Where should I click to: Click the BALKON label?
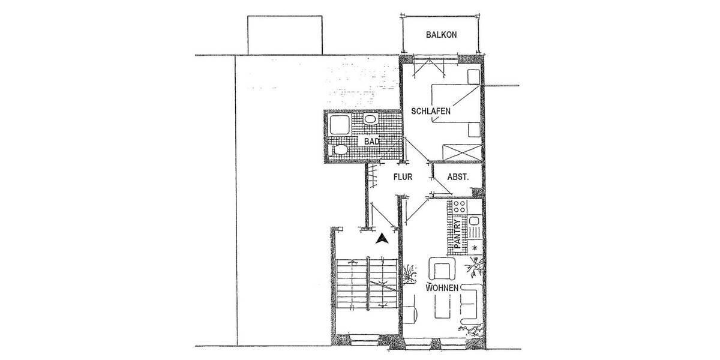442,35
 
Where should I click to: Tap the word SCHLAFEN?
430,112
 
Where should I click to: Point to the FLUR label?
402,177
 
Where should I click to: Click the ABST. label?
458,177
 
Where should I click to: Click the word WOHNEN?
442,288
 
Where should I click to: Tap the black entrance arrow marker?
380,238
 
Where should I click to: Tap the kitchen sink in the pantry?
474,228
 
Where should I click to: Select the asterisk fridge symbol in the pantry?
474,247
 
